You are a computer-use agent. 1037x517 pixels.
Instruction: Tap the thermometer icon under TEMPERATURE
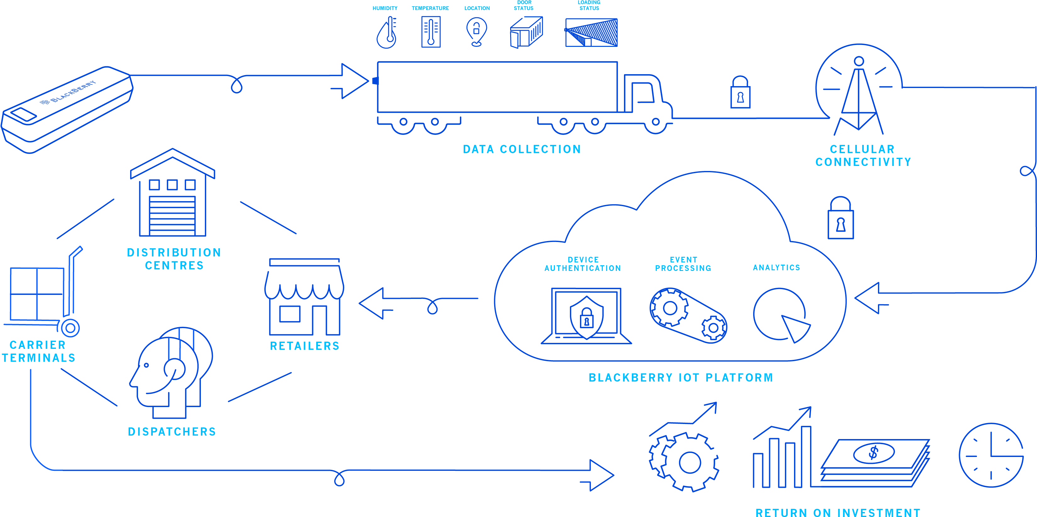click(x=431, y=32)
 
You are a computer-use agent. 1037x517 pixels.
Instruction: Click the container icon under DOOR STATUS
click(x=526, y=32)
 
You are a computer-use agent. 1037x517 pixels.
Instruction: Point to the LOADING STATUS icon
click(x=591, y=32)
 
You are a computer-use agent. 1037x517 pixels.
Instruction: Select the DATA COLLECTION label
click(x=522, y=149)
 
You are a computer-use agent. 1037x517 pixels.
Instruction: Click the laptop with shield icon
click(x=586, y=316)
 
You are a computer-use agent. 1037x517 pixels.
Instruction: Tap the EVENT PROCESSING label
click(x=683, y=264)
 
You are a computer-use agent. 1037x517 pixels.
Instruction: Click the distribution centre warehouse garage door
click(x=172, y=215)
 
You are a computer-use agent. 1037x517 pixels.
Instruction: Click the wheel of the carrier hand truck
click(x=70, y=328)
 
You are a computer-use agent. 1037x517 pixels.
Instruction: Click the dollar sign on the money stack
click(x=874, y=453)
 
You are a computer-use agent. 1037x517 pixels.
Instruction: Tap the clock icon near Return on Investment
click(x=991, y=455)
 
